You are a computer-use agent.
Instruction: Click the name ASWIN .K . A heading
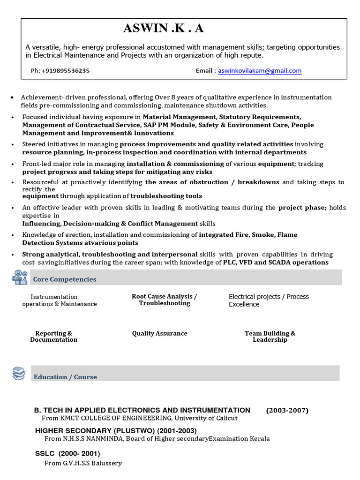pyautogui.click(x=163, y=29)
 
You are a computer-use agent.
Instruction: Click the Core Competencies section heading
pyautogui.click(x=65, y=279)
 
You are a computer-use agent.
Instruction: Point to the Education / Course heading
pyautogui.click(x=65, y=377)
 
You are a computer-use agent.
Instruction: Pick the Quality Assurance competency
pyautogui.click(x=159, y=333)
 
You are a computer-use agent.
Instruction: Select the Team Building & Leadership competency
pyautogui.click(x=270, y=337)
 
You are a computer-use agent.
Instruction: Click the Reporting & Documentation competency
pyautogui.click(x=53, y=337)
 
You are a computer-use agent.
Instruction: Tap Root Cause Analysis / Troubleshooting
pyautogui.click(x=164, y=300)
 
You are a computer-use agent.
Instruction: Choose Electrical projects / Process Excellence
pyautogui.click(x=269, y=300)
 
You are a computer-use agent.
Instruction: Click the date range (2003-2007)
pyautogui.click(x=287, y=411)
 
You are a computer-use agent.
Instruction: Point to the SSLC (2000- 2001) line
pyautogui.click(x=67, y=454)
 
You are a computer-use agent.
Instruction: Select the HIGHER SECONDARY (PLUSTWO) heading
pyautogui.click(x=116, y=431)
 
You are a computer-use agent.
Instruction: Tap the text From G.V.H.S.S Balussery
pyautogui.click(x=83, y=463)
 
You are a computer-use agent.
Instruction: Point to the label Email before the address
pyautogui.click(x=205, y=71)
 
